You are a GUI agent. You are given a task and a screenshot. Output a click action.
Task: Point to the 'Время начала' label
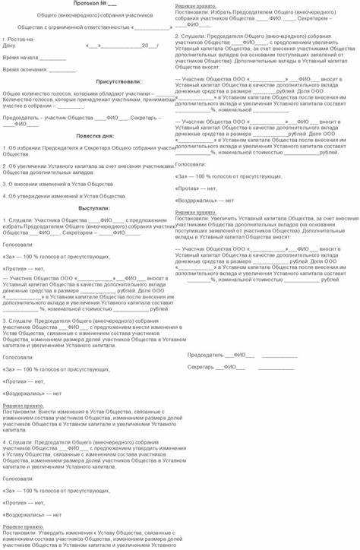click(20, 57)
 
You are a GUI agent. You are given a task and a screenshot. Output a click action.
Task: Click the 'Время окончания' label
click(24, 69)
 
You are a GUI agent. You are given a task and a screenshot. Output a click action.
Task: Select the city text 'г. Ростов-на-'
click(20, 38)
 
